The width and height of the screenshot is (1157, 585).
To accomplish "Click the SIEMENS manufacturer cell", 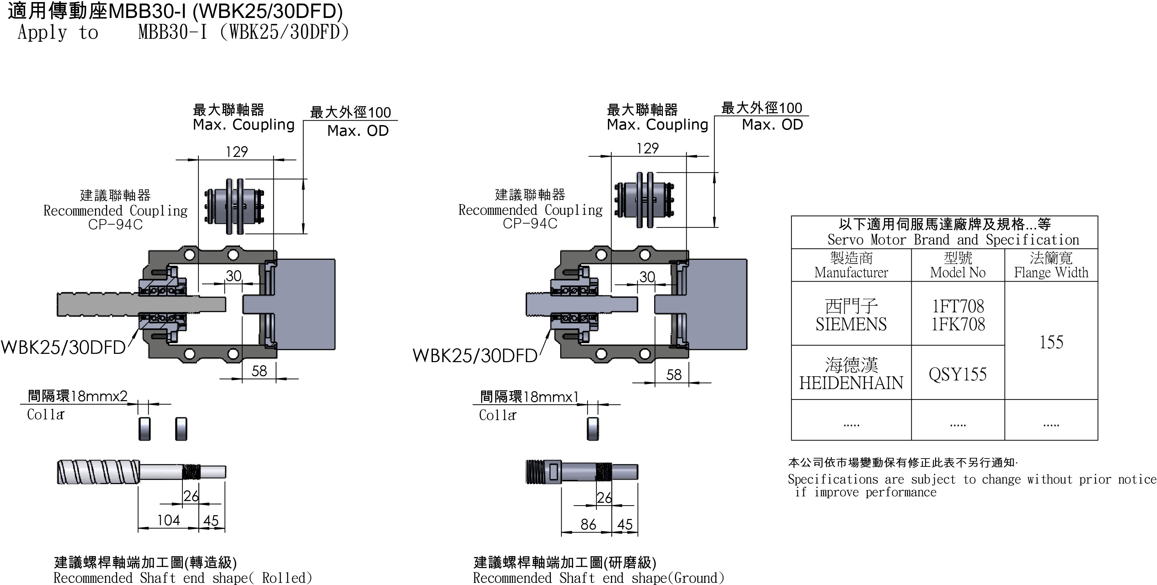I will click(x=851, y=315).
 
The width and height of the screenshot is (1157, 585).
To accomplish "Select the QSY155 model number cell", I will click(x=958, y=374).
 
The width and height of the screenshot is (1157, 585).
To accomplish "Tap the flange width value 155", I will click(x=1051, y=342).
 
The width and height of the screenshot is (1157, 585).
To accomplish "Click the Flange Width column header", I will click(x=1051, y=265).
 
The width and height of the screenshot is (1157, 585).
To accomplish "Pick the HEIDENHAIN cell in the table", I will click(x=851, y=374).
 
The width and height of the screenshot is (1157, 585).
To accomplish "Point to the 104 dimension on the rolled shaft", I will click(x=168, y=520).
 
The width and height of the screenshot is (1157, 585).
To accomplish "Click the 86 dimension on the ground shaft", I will click(x=588, y=524).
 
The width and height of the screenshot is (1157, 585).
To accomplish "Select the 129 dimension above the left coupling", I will click(x=237, y=152).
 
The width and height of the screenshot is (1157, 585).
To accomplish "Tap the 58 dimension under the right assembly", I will click(x=674, y=375).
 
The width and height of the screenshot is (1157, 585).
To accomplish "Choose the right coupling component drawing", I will click(x=645, y=200).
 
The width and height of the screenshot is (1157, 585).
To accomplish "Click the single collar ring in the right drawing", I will click(x=593, y=429).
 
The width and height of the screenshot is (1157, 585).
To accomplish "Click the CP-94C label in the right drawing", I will click(x=530, y=224).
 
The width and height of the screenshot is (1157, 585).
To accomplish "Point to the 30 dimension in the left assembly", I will click(x=234, y=276).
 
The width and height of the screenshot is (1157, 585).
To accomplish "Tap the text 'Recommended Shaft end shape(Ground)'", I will click(x=598, y=578).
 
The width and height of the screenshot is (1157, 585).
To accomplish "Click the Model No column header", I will click(x=958, y=265).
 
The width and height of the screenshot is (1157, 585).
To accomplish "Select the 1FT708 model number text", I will click(x=958, y=306).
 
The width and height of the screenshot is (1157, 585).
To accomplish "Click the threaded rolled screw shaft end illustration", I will click(x=141, y=472).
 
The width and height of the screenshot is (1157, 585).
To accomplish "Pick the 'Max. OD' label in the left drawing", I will click(x=358, y=131).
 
